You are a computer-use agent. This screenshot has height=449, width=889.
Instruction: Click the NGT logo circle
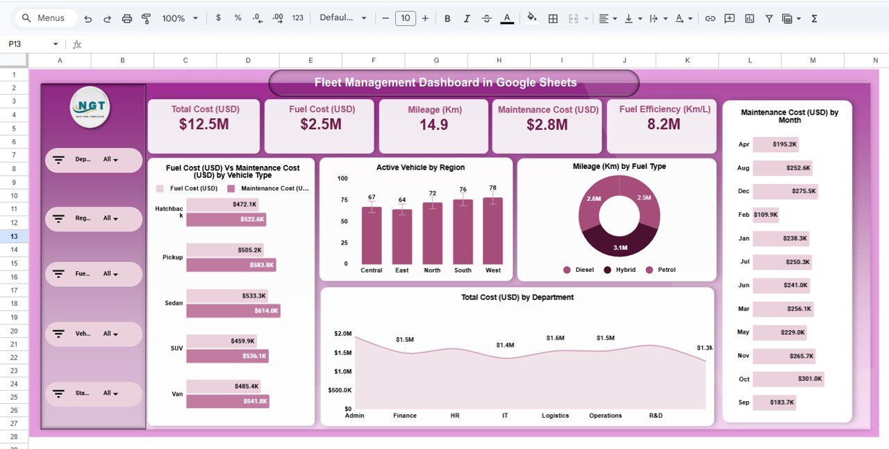tap(90, 107)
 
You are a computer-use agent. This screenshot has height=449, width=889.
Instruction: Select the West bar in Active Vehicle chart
tap(492, 231)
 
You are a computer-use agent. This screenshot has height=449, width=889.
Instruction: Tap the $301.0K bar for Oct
tap(788, 379)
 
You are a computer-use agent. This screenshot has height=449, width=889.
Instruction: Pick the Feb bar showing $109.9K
tap(765, 215)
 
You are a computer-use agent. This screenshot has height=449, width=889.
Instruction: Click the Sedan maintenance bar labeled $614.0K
tap(233, 311)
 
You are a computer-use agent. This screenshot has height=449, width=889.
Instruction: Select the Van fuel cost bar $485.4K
tap(224, 386)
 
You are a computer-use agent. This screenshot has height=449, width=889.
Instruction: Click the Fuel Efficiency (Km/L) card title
tap(661, 109)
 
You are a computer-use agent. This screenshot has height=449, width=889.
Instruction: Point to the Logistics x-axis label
tap(555, 416)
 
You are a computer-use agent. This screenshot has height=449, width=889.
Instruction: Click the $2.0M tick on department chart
tap(342, 334)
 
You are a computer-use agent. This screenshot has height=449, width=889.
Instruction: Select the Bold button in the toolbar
tap(447, 19)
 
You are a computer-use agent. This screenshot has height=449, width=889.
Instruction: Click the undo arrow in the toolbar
tap(88, 19)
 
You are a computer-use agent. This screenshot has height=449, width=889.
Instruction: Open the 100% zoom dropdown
tap(180, 19)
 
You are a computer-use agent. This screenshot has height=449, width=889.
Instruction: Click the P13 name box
tap(28, 44)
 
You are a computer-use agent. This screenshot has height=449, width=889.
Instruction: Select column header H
tap(499, 60)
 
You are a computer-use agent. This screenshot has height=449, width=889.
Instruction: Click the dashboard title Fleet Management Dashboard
tap(445, 83)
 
